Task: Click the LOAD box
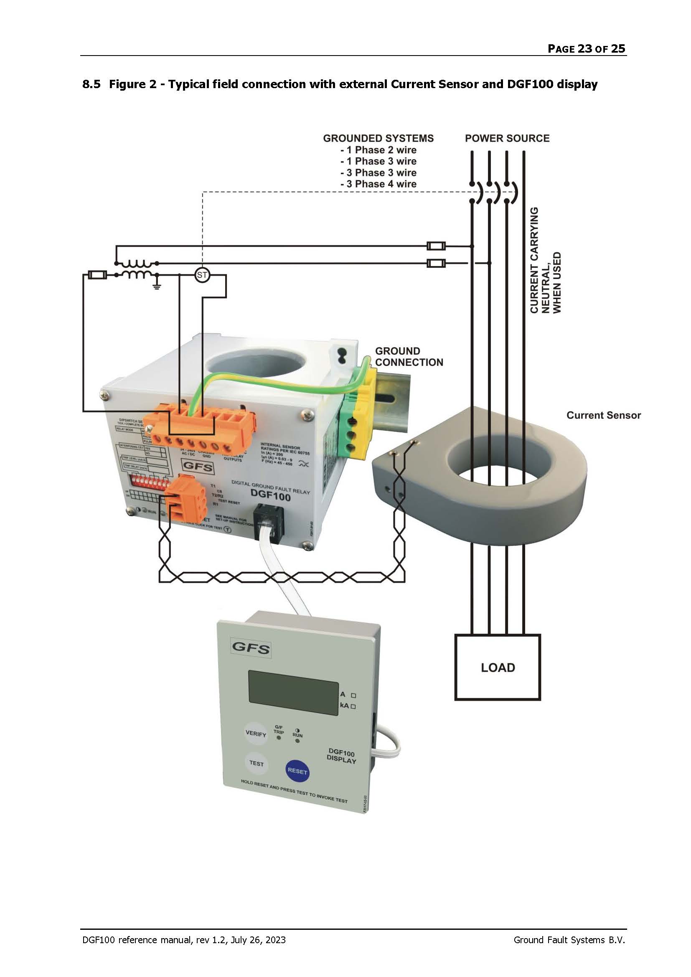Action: [498, 667]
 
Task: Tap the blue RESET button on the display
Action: [297, 771]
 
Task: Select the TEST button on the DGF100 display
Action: [256, 763]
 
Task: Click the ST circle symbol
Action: [202, 275]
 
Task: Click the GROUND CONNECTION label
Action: [409, 357]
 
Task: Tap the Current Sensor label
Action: [603, 415]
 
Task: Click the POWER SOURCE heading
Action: [507, 138]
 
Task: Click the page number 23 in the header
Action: [584, 48]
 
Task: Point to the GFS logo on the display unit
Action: [251, 648]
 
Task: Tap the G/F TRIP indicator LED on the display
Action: [279, 737]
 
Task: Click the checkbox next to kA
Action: [353, 706]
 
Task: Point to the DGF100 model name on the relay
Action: [271, 496]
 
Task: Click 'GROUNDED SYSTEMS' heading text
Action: [378, 138]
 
